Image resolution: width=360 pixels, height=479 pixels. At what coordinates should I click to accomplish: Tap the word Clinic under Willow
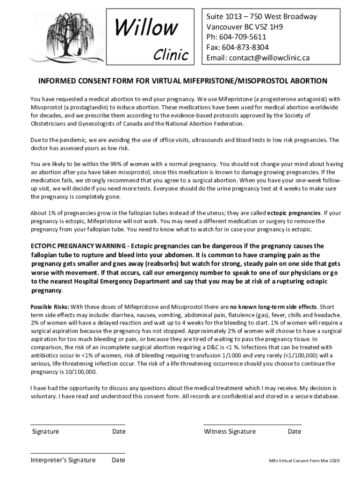point(171,55)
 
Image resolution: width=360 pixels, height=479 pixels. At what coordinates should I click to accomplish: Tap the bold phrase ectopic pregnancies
point(294,213)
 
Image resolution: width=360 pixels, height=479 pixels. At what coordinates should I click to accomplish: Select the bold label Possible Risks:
point(50,307)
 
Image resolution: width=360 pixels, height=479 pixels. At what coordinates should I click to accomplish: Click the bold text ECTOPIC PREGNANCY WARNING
point(79,246)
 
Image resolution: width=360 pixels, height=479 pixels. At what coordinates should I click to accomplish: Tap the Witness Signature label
point(230,432)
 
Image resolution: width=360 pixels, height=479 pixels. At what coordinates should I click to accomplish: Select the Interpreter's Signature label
point(63,460)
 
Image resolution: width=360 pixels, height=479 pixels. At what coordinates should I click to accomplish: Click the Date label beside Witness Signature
point(294,432)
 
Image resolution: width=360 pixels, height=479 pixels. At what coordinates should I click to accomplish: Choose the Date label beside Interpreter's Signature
point(118,460)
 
